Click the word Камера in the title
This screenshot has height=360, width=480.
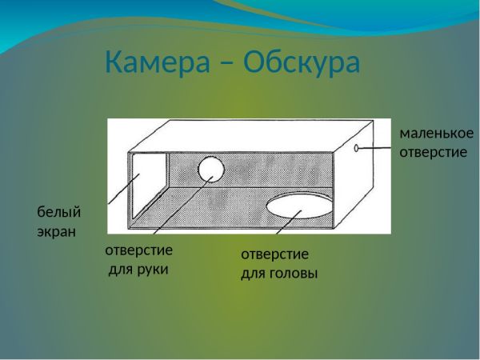coord(158,62)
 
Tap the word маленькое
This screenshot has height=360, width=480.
coord(436,134)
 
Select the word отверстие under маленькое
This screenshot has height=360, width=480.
coord(434,153)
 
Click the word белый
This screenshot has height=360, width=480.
coord(59,211)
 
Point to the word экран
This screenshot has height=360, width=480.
coord(56,232)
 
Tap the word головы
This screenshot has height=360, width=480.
coord(294,274)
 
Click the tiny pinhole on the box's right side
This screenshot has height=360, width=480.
coord(356,148)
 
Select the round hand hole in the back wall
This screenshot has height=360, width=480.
coord(211,169)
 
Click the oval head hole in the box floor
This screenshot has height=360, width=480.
coord(299,206)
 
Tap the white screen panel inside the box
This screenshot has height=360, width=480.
coord(149,185)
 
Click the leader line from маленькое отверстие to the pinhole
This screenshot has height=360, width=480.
coord(374,148)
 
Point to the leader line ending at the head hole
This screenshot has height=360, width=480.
coord(289,222)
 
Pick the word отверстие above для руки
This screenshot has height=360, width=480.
coord(139,250)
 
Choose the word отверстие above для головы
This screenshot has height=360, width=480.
coord(275,254)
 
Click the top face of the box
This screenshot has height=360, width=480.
coord(251,135)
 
